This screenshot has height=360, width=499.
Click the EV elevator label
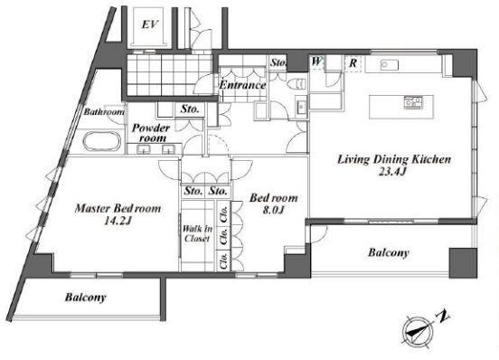pyautogui.click(x=149, y=24)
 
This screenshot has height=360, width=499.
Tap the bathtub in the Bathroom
pyautogui.click(x=102, y=142)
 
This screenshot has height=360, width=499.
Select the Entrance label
pyautogui.click(x=242, y=85)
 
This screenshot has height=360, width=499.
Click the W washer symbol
pyautogui.click(x=317, y=62)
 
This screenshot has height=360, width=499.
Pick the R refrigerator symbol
pyautogui.click(x=353, y=62)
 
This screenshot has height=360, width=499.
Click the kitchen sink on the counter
pyautogui.click(x=390, y=65)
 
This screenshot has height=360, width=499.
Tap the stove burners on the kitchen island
pyautogui.click(x=413, y=102)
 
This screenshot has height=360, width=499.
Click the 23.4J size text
pyautogui.click(x=392, y=172)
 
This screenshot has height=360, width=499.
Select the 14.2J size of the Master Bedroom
pyautogui.click(x=118, y=221)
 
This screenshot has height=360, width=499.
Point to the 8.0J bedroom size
pyautogui.click(x=273, y=210)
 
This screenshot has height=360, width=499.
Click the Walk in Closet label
pyautogui.click(x=197, y=233)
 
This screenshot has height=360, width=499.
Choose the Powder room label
pyautogui.click(x=151, y=133)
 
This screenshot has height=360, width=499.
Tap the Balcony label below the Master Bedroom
pyautogui.click(x=85, y=298)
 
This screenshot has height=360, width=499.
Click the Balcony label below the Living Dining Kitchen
pyautogui.click(x=389, y=252)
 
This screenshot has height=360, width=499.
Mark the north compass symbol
pyautogui.click(x=418, y=332)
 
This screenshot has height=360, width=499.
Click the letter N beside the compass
pyautogui.click(x=442, y=316)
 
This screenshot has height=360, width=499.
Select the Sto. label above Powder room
pyautogui.click(x=190, y=109)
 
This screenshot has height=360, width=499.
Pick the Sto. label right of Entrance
pyautogui.click(x=278, y=63)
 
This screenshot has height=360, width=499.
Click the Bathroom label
pyautogui.click(x=104, y=112)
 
